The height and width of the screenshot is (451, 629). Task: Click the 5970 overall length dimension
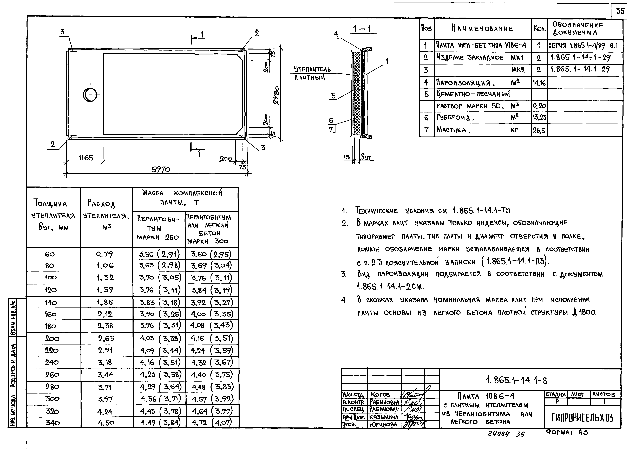(161, 169)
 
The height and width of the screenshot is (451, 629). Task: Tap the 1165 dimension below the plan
(86, 158)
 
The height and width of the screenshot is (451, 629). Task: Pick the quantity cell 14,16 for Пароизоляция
(539, 83)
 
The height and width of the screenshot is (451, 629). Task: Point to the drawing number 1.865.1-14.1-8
(516, 380)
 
